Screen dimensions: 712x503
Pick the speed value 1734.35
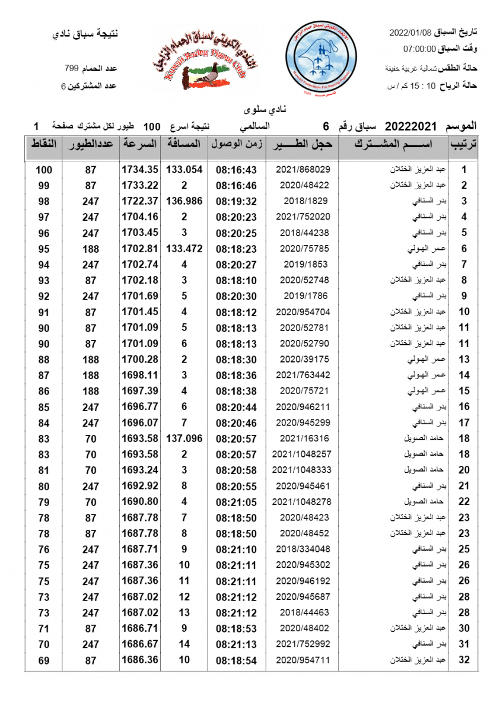tap(140, 170)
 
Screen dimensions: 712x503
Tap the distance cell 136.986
tap(184, 201)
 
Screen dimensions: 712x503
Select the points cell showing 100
tap(43, 170)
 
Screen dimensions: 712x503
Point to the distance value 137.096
tap(184, 438)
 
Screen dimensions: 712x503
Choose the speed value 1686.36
tap(140, 660)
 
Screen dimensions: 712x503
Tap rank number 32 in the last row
tap(465, 660)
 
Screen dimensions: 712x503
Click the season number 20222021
tap(410, 126)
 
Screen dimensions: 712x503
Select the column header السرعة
tap(140, 144)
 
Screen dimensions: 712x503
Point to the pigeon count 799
tap(72, 69)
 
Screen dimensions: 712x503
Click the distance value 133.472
tap(184, 249)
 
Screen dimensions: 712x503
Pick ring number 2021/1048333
tap(302, 470)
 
